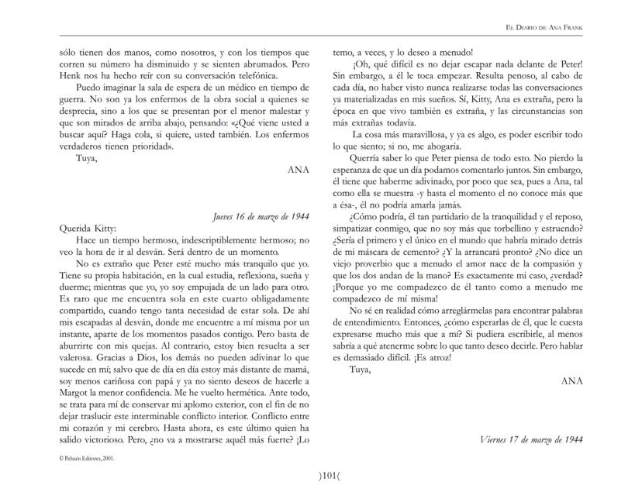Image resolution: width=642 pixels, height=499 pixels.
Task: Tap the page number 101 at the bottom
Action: pyautogui.click(x=320, y=474)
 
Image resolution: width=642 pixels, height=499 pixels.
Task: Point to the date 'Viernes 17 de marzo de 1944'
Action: pyautogui.click(x=531, y=439)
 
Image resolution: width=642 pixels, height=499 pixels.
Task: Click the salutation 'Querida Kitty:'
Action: pyautogui.click(x=87, y=229)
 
